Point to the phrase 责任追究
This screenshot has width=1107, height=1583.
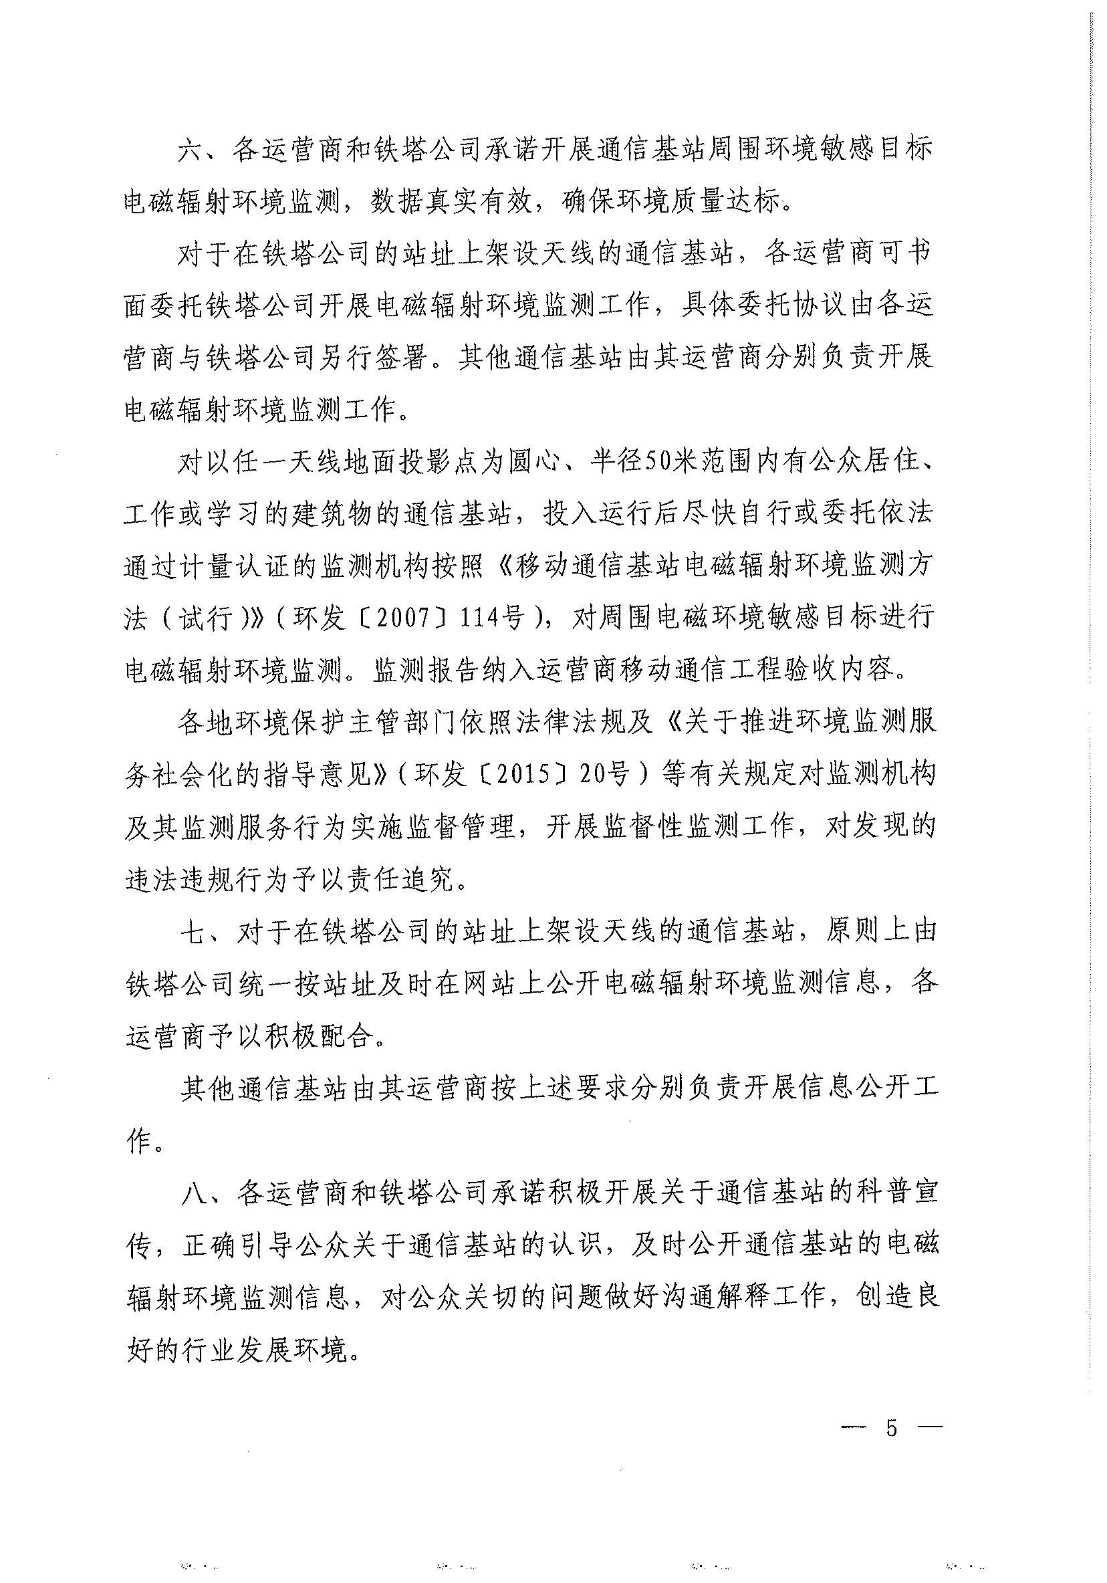coord(400,879)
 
